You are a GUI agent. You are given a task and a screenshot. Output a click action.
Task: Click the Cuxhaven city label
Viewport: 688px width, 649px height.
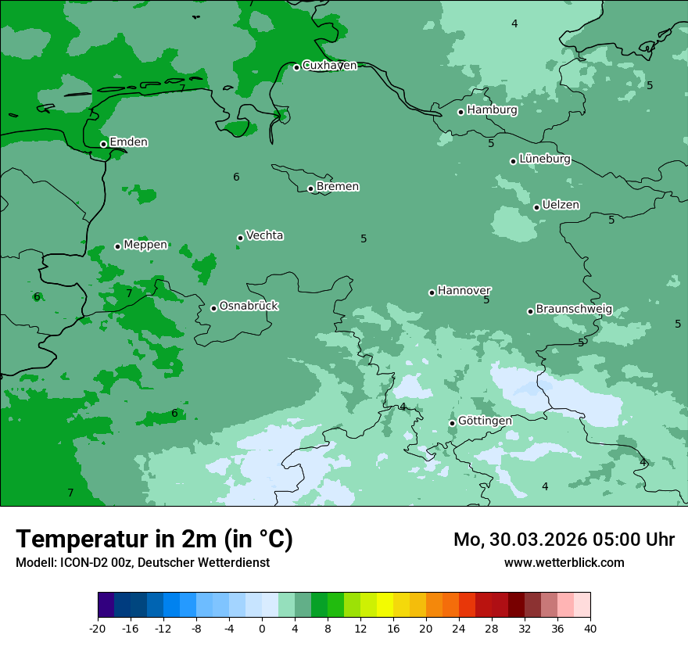point(329,66)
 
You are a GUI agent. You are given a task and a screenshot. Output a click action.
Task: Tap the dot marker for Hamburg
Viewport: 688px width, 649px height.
point(461,112)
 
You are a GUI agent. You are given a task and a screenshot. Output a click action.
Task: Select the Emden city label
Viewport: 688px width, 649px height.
point(128,142)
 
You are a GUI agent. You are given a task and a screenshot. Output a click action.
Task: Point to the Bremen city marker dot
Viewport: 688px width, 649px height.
point(310,188)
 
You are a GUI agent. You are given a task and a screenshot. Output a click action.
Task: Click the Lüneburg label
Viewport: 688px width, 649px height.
point(545,160)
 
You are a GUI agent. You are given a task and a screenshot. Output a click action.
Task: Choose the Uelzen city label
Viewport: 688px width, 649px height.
point(561,206)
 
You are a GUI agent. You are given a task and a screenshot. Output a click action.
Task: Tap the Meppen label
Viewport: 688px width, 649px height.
point(145,245)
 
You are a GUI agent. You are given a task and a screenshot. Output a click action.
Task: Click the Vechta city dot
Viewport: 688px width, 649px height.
point(240,238)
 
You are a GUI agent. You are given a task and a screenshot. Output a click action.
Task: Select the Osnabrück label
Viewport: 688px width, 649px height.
point(249,307)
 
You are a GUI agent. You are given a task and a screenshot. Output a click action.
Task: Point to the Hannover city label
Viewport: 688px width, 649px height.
point(464,291)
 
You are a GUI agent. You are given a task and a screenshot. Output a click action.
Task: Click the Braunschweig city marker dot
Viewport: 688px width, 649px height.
point(530,311)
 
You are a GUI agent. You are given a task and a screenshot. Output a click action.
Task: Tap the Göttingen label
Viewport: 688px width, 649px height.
point(485,421)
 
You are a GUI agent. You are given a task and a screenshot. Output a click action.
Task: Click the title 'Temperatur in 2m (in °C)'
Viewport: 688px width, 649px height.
point(154,539)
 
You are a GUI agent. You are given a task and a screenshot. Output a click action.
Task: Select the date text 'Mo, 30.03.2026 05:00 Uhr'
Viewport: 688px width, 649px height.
point(564,540)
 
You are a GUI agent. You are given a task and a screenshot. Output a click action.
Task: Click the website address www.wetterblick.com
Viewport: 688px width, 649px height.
point(564,563)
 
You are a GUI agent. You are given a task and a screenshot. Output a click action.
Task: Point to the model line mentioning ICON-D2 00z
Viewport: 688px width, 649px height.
point(142,563)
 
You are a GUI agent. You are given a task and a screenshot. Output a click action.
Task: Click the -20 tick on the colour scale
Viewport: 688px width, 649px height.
point(98,629)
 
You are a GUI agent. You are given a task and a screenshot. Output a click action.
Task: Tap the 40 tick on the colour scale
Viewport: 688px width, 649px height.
point(590,629)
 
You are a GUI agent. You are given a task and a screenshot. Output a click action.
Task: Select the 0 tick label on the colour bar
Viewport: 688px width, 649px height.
point(262,629)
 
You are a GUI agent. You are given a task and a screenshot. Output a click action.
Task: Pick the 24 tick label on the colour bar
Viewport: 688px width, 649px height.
point(459,629)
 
